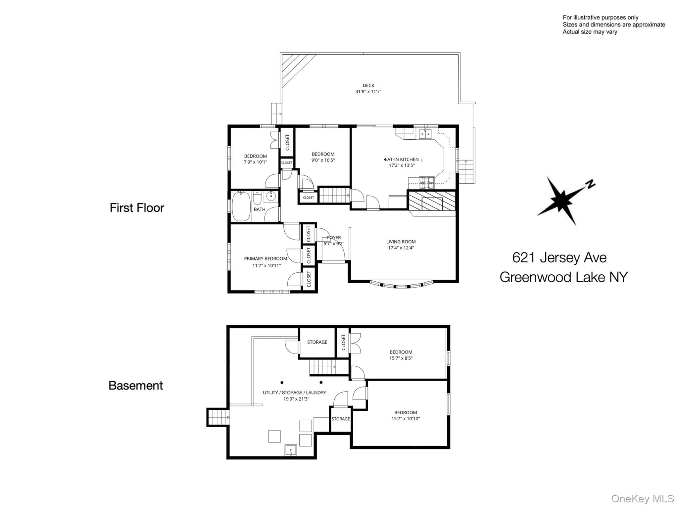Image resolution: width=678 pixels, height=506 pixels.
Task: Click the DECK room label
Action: click(368, 85)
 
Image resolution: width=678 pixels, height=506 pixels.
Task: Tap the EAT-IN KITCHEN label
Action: click(402, 160)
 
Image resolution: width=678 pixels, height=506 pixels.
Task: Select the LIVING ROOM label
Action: click(401, 242)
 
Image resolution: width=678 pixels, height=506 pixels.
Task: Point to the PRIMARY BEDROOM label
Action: click(266, 258)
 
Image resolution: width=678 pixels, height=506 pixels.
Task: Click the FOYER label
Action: click(334, 238)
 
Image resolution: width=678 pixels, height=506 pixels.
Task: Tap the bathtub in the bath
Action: click(242, 206)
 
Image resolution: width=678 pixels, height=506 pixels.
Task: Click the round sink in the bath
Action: click(271, 196)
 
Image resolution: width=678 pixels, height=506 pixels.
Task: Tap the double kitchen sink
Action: click(425, 134)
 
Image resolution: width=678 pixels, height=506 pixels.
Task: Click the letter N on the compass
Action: click(590, 184)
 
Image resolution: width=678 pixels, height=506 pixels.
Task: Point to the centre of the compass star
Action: click(559, 200)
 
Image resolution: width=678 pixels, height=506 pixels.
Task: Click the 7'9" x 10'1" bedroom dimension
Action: click(256, 162)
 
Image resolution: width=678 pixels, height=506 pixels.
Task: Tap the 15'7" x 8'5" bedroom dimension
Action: click(401, 358)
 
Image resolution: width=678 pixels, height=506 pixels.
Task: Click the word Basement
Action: click(136, 386)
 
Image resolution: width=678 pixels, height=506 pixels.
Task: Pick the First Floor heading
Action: click(137, 208)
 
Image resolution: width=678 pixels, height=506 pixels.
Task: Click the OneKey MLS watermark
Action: click(643, 498)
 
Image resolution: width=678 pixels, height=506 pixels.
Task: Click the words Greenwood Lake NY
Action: click(563, 277)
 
